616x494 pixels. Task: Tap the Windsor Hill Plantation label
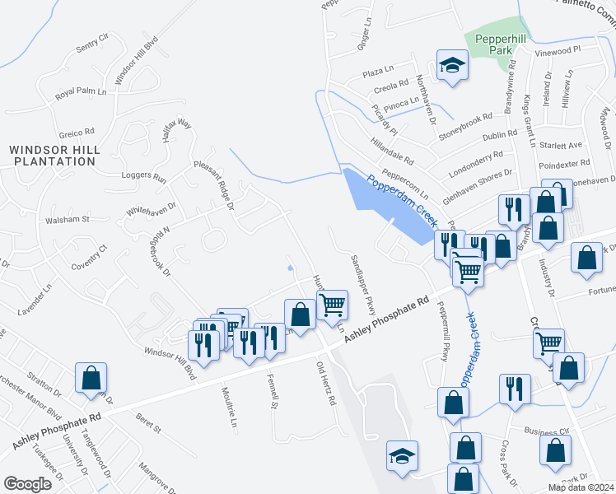[x=54, y=156]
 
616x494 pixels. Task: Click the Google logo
[x=27, y=484]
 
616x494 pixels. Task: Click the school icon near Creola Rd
[x=451, y=65]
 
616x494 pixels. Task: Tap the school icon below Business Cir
[x=402, y=456]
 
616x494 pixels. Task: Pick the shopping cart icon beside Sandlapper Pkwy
[x=332, y=304]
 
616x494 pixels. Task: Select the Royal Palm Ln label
[x=82, y=93]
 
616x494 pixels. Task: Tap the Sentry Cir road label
[x=91, y=44]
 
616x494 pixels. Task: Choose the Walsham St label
[x=67, y=220]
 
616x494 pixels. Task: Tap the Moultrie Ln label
[x=229, y=408]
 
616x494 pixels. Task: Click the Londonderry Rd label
[x=475, y=162]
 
